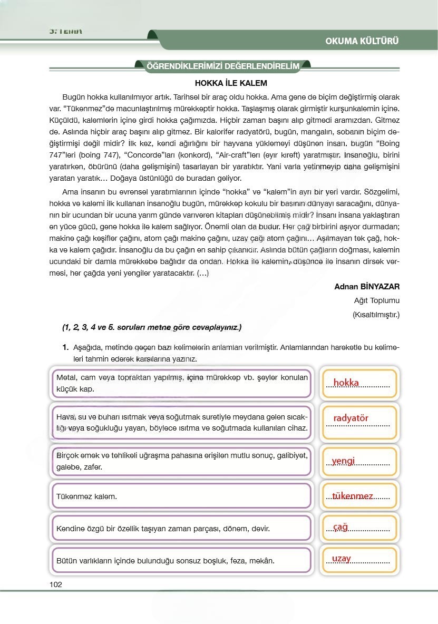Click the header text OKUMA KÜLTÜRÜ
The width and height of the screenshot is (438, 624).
[362, 41]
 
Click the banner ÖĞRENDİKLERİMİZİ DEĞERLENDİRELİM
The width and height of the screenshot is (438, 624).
[223, 66]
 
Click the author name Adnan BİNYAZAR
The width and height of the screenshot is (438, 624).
[367, 287]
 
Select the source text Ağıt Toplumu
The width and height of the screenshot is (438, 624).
[377, 301]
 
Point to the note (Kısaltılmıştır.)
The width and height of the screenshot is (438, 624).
[376, 315]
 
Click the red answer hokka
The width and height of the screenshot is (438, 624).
[346, 383]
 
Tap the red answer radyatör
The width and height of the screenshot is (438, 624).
[351, 418]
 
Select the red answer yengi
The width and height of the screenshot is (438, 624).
[343, 461]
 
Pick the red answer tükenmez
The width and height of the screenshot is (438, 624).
[353, 496]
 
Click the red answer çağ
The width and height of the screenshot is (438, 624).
[340, 526]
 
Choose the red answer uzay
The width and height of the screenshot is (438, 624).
[342, 559]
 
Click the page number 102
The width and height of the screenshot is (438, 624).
[55, 584]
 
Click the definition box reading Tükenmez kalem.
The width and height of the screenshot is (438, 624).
[182, 496]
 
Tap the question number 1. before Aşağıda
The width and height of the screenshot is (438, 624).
[65, 348]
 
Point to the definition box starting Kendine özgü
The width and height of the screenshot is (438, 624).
[182, 528]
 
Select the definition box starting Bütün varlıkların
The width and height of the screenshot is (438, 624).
[182, 560]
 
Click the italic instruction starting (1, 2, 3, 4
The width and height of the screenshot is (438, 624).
[151, 327]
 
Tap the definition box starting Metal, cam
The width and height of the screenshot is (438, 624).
[182, 383]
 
